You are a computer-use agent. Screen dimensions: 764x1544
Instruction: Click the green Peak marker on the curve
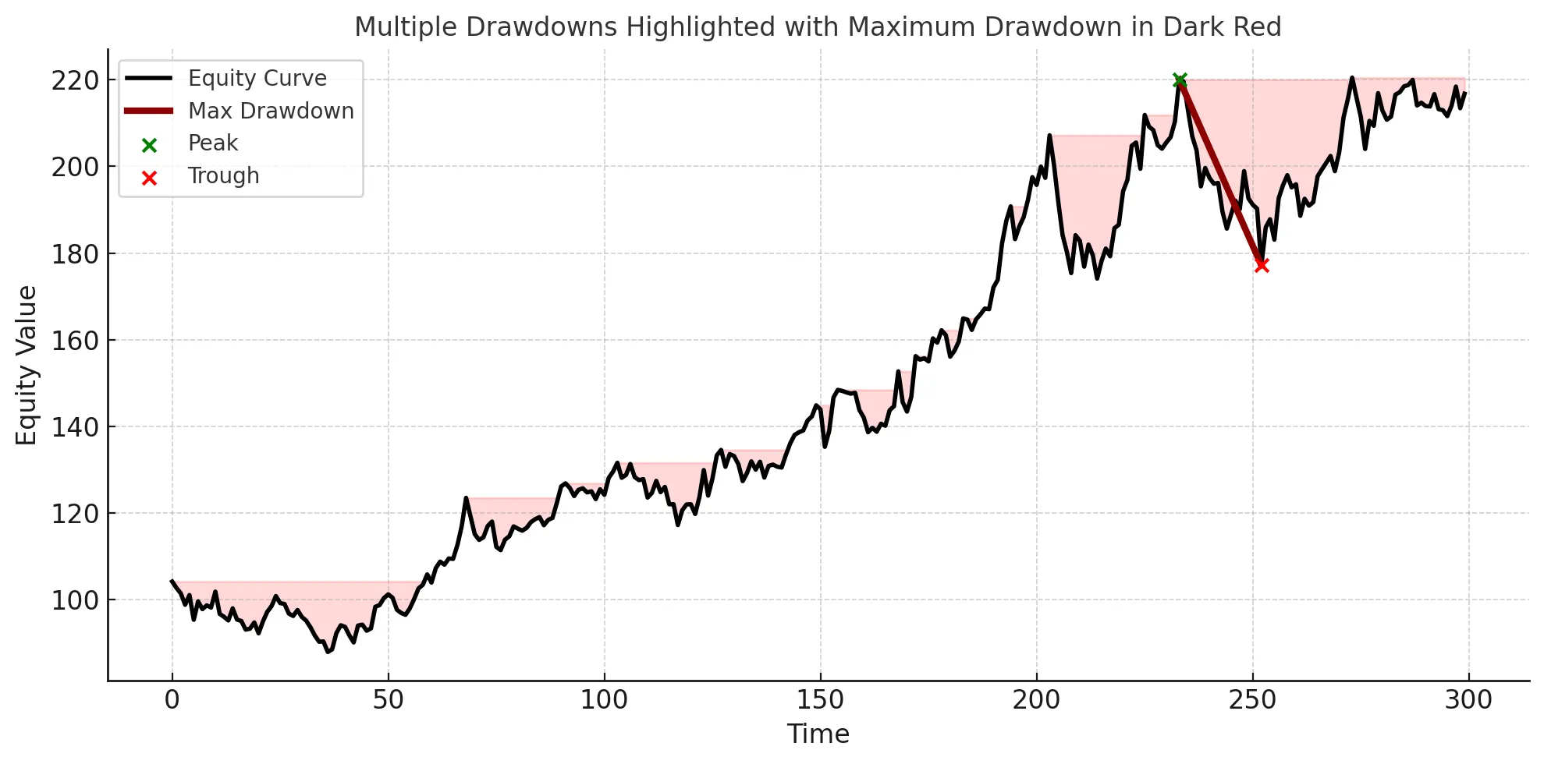[x=1180, y=80]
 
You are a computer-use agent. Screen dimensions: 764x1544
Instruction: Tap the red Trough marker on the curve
[x=1262, y=266]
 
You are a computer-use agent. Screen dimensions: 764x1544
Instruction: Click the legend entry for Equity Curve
[x=257, y=78]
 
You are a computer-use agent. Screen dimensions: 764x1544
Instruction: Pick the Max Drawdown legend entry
[x=271, y=111]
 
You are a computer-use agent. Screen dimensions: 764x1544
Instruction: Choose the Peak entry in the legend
[x=213, y=143]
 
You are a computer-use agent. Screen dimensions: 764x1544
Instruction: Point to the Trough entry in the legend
[x=223, y=176]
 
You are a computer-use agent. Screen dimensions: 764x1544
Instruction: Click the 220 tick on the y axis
[x=75, y=80]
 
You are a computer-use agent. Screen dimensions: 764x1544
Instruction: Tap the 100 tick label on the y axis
[x=75, y=600]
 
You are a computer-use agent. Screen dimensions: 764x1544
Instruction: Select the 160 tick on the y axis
[x=75, y=341]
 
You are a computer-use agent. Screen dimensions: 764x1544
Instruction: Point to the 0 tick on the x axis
[x=172, y=700]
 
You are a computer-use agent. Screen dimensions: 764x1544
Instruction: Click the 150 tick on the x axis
[x=820, y=700]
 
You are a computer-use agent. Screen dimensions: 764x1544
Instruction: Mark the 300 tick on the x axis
[x=1468, y=700]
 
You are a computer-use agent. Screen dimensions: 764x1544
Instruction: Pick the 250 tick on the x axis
[x=1252, y=700]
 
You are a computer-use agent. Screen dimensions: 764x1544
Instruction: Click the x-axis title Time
[x=818, y=734]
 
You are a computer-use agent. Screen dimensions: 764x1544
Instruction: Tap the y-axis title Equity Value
[x=27, y=365]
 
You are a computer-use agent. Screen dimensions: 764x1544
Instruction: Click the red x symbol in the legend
[x=149, y=178]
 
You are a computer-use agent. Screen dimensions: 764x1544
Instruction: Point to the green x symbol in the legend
[x=149, y=145]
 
